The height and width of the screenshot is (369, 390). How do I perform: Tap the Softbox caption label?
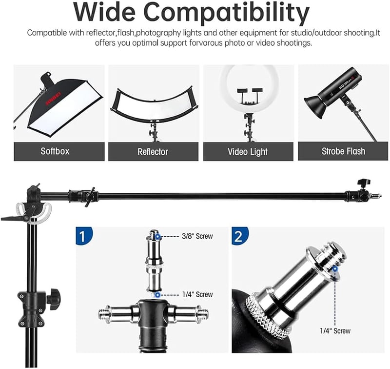click(x=55, y=151)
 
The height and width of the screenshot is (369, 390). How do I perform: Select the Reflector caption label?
click(x=153, y=152)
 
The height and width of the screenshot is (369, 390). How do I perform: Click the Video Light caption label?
click(x=248, y=152)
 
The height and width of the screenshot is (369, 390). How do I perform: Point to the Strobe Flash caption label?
click(x=344, y=151)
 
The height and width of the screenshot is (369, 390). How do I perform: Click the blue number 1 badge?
click(x=84, y=236)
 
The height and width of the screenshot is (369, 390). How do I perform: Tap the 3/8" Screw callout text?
click(x=197, y=236)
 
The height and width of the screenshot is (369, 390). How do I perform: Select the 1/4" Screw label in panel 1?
click(x=197, y=294)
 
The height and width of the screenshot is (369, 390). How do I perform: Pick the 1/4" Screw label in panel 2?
click(x=335, y=331)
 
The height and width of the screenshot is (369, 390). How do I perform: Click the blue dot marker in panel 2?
click(x=335, y=268)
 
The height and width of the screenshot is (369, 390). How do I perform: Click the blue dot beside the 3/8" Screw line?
click(x=157, y=236)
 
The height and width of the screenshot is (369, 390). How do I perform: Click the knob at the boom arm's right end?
click(x=364, y=183)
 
